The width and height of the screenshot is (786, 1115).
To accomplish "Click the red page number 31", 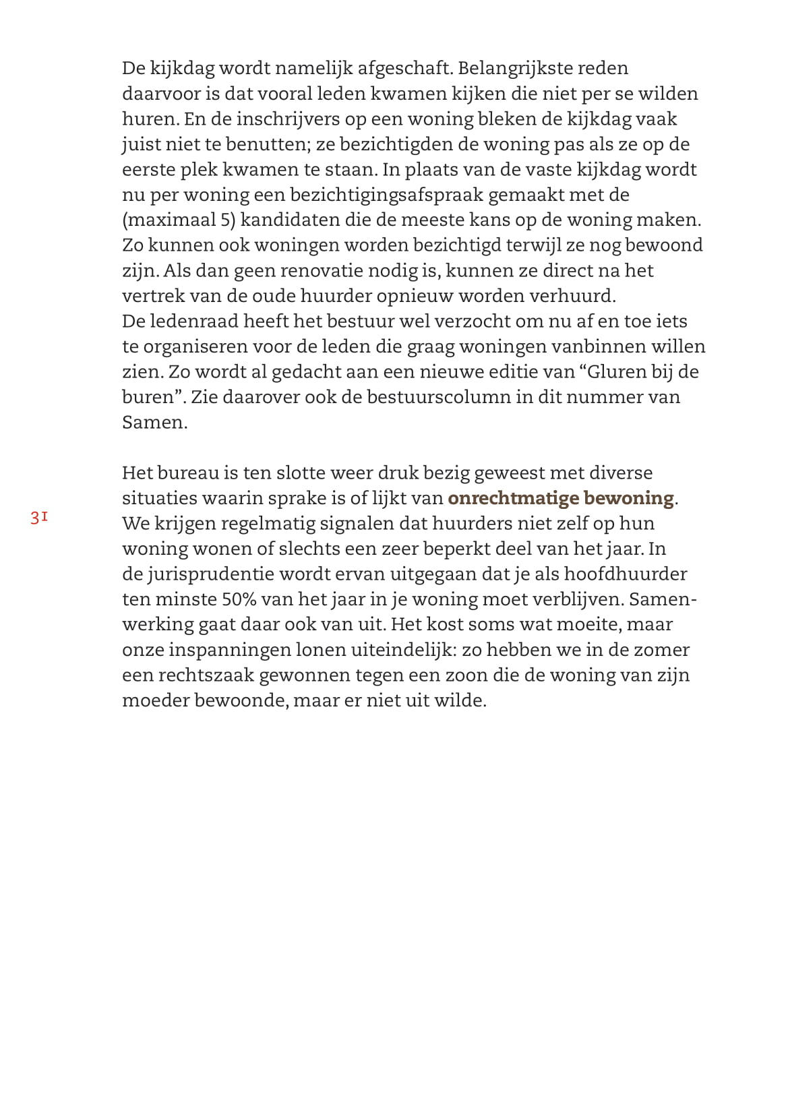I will (x=38, y=518).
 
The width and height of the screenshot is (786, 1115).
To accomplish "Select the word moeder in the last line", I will (x=155, y=700).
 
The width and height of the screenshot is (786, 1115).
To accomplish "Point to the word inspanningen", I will (x=229, y=650).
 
